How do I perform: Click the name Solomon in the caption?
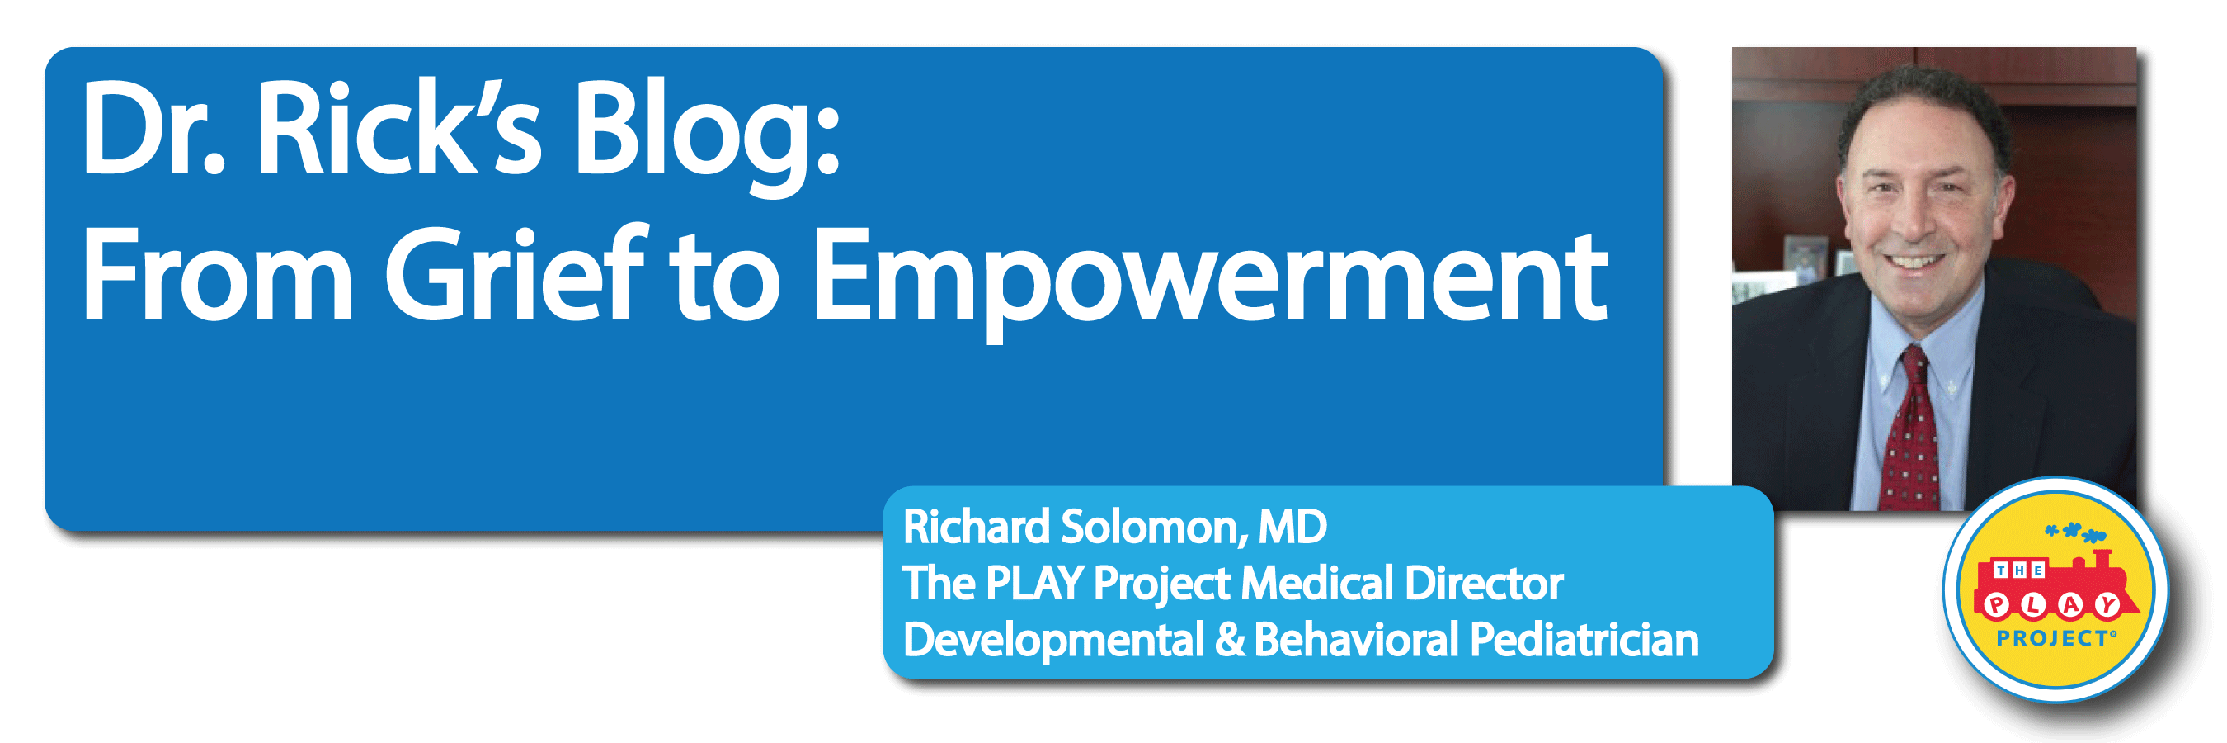coord(1154,527)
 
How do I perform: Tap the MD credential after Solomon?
coord(1293,527)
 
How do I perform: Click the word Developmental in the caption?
coord(1053,640)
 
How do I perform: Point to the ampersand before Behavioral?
coord(1229,641)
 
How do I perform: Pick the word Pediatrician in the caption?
coord(1584,640)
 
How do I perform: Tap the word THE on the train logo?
coord(2018,570)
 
